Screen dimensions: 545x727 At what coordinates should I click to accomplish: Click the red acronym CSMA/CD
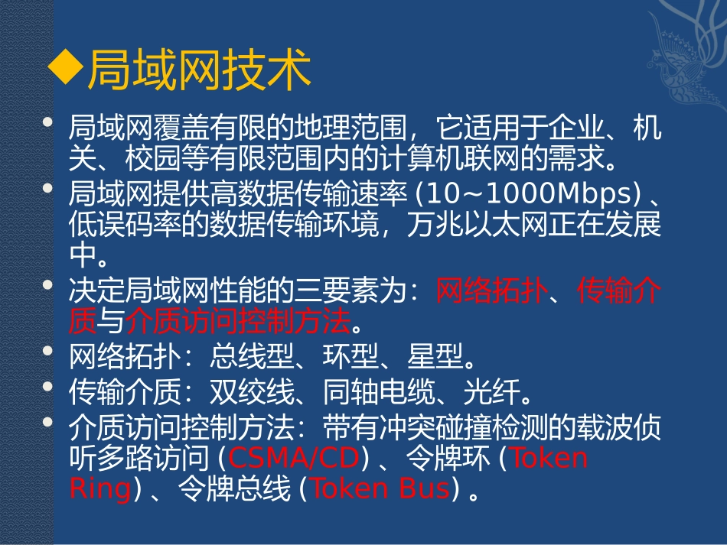[x=294, y=458]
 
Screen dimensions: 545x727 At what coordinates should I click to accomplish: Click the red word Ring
[x=100, y=488]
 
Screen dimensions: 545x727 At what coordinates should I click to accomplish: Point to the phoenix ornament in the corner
[x=681, y=61]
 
